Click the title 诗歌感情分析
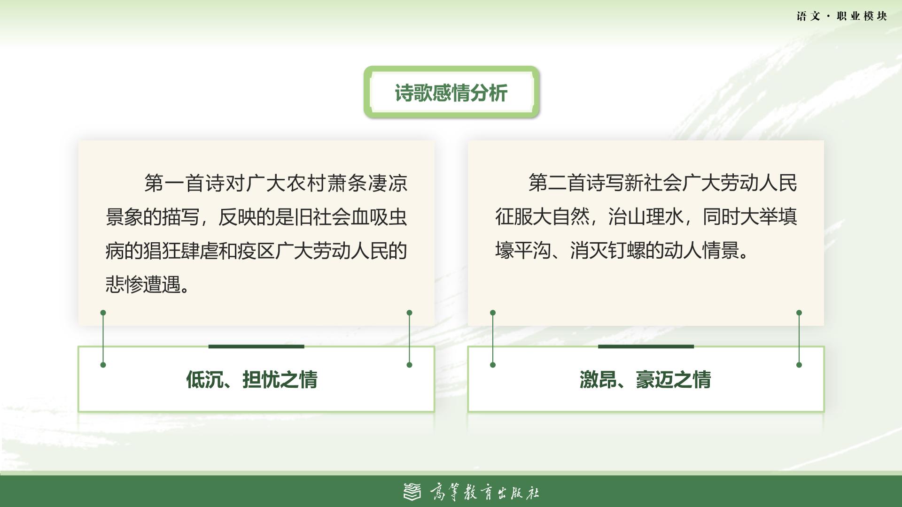[451, 93]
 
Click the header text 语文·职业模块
[841, 16]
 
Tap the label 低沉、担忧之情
[252, 379]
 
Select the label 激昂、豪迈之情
[645, 379]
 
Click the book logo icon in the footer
[412, 492]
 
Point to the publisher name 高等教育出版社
[484, 492]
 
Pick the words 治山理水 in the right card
[645, 217]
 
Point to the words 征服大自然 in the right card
[542, 217]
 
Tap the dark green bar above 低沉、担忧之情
[256, 346]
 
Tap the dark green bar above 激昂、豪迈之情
[645, 346]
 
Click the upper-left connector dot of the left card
[103, 313]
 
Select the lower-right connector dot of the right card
[799, 365]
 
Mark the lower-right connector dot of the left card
[409, 365]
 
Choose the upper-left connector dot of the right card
[492, 313]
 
